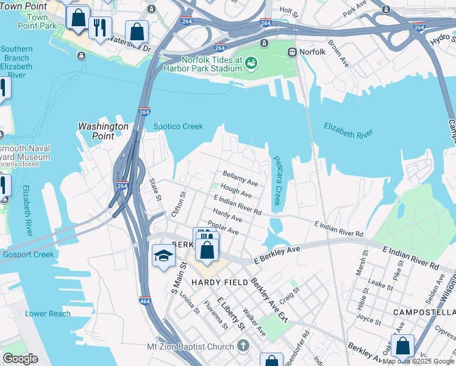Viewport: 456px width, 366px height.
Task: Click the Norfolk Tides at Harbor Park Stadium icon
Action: [251, 62]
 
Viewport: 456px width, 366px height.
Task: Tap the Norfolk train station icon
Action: [293, 52]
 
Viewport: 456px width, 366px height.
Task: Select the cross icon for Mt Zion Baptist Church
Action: [243, 346]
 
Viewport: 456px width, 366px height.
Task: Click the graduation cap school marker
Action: [163, 257]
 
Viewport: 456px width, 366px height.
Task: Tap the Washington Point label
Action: [104, 131]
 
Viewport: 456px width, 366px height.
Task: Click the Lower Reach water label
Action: [48, 314]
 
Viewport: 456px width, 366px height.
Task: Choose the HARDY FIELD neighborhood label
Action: [219, 282]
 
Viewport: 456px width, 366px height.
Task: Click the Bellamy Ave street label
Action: [240, 178]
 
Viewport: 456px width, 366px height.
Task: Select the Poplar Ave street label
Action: [223, 228]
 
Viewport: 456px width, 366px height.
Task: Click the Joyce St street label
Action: [369, 318]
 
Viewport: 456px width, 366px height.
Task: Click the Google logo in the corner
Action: [20, 359]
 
